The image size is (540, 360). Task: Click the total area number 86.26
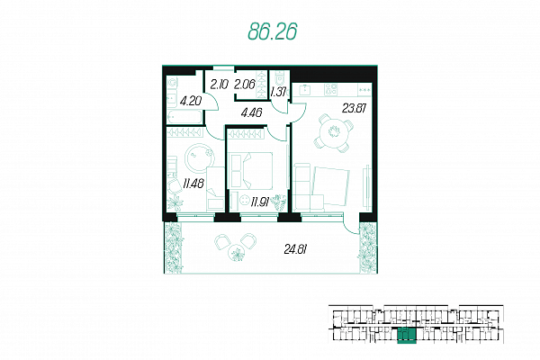click(272, 32)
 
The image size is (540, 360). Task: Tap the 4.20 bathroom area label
click(191, 102)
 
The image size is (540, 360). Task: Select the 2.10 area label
click(219, 84)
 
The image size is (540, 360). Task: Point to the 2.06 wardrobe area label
click(244, 84)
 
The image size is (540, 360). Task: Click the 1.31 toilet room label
click(278, 93)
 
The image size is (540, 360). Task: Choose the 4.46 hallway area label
click(251, 112)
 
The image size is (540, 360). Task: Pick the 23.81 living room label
click(354, 109)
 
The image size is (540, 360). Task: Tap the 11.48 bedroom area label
click(193, 184)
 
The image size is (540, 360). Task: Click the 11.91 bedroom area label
click(260, 202)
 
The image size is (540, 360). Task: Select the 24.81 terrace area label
click(295, 248)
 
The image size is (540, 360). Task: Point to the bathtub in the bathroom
click(184, 116)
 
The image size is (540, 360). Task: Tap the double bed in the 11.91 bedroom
click(258, 170)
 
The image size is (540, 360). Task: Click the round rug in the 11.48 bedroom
click(200, 158)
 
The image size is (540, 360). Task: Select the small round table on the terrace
click(237, 253)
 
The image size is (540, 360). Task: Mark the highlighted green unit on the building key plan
click(407, 336)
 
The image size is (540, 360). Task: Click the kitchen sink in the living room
click(305, 90)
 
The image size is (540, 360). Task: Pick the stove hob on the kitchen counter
click(330, 90)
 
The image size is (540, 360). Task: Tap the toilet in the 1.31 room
click(280, 78)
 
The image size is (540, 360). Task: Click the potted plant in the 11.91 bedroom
click(279, 202)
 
